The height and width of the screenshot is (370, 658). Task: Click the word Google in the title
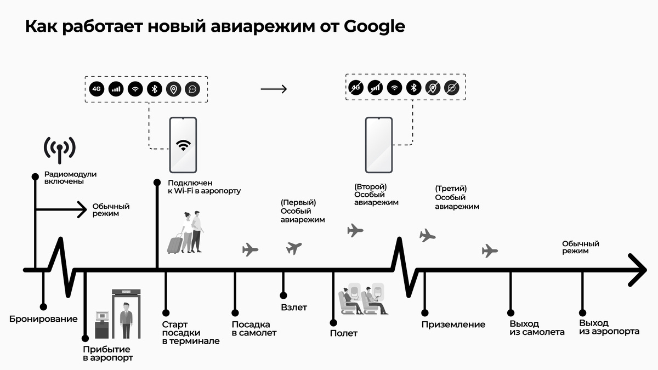coord(374,26)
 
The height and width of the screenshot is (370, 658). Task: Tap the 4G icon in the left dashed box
coord(97,89)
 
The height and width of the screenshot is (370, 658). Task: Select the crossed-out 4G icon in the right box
coord(356,87)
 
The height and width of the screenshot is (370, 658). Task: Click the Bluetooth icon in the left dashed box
coord(155,89)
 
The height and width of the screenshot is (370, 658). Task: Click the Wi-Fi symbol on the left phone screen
coord(183,145)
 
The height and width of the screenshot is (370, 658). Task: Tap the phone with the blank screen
coord(379,145)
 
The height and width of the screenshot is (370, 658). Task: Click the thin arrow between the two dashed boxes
coord(274,89)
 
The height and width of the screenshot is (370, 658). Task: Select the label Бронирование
coord(43,318)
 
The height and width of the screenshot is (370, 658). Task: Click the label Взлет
coord(294,308)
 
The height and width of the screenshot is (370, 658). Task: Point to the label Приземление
coord(453,325)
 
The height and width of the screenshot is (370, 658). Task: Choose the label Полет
coord(343,333)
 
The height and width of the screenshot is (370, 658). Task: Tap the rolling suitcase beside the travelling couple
coord(175,243)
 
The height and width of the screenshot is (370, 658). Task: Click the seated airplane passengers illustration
coord(363,300)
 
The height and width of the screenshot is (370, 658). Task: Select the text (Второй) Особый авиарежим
coord(376,195)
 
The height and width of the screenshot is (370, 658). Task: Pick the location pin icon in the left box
coord(174,89)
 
